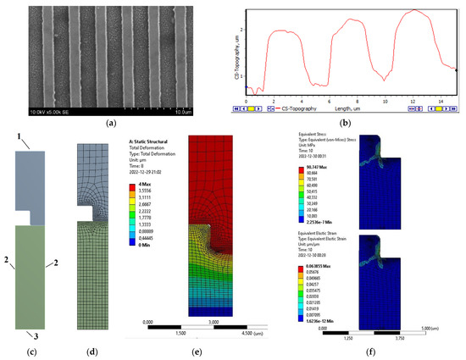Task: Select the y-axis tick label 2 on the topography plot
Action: pos(242,30)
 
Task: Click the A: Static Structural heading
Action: pos(150,143)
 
